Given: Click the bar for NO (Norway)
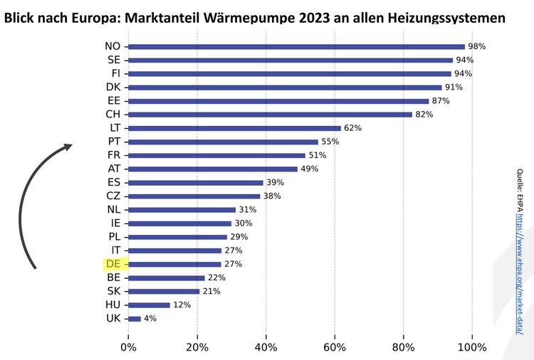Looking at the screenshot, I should pos(296,46).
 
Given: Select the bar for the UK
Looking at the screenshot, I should pos(135,319).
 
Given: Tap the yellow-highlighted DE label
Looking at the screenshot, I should pos(113,264).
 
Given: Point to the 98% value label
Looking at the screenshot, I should pos(476,46).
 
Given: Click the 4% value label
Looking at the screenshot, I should pos(150,319).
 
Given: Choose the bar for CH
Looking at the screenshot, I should pos(271,115).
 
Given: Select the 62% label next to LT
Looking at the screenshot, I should pos(353,128).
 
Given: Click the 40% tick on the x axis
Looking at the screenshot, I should pos(266,347).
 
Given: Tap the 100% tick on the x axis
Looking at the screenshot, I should pos(471,347).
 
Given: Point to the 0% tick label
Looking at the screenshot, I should pos(128,347).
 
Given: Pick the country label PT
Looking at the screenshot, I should pos(113,142).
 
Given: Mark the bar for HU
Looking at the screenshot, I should pos(149,305).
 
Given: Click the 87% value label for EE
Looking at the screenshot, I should pos(441,101).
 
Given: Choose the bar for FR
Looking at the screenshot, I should pos(216,155).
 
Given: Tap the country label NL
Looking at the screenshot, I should pos(113,210).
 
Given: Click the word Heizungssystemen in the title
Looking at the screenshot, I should pos(441,16).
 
